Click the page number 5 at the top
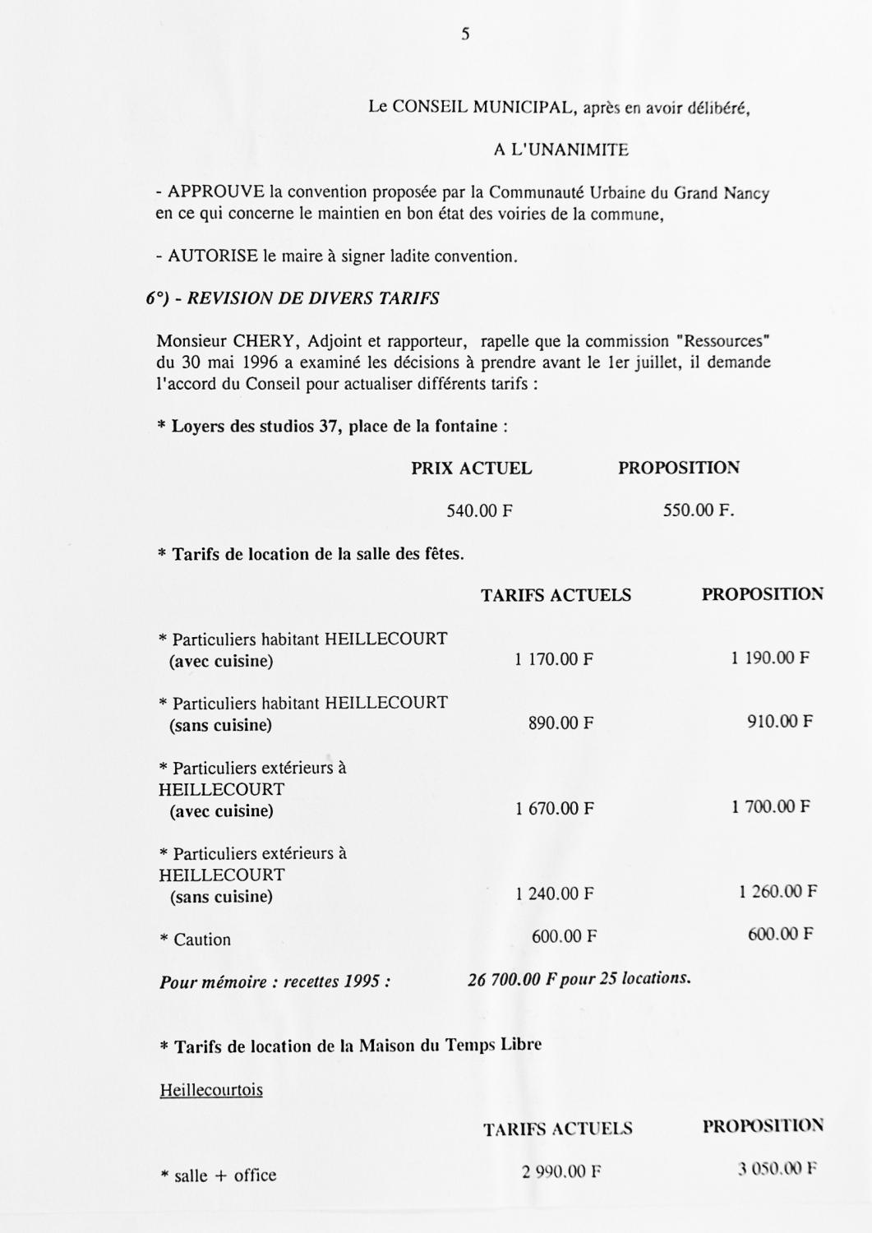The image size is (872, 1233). (x=465, y=35)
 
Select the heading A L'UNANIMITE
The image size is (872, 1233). (x=561, y=150)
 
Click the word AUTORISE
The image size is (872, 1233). (x=213, y=256)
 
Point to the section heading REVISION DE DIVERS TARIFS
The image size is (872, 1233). (x=313, y=298)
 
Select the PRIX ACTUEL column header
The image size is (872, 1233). (x=472, y=469)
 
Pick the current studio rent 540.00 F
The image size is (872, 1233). (x=480, y=511)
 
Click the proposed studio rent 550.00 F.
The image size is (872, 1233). (x=699, y=511)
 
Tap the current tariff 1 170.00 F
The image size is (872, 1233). (x=554, y=659)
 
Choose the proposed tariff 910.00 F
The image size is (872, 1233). (x=780, y=723)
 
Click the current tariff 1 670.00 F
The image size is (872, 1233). (x=555, y=809)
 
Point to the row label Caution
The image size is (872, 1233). (x=201, y=940)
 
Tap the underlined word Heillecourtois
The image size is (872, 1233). (x=211, y=1090)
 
